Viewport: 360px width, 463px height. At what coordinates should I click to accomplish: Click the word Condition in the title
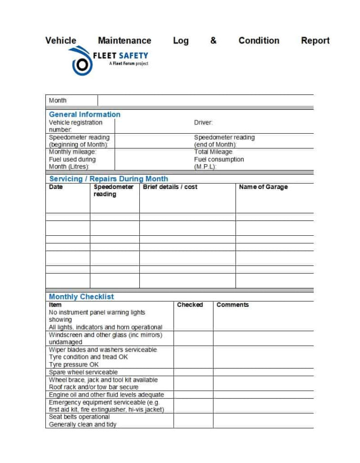coord(259,41)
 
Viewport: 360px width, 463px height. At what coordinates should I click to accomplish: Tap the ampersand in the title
coord(213,41)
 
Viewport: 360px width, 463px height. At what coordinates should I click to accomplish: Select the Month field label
coord(58,100)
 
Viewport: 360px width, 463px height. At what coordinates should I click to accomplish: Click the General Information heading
coord(84,115)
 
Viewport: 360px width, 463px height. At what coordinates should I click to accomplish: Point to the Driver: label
coord(203,123)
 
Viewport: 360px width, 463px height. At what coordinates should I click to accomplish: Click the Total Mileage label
coord(213,152)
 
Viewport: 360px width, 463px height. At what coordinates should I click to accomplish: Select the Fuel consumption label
coord(219,159)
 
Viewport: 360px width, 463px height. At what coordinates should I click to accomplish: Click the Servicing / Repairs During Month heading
coord(108,179)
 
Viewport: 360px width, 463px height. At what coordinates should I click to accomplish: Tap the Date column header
coord(56,187)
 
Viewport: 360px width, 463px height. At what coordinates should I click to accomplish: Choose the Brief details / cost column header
coord(170,187)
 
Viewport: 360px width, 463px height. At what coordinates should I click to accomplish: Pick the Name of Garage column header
coord(263,187)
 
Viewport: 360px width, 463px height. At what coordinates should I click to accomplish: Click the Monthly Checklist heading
coord(81,297)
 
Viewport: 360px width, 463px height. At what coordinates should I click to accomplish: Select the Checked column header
coord(190,305)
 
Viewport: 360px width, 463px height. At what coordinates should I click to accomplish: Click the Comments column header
coord(233,305)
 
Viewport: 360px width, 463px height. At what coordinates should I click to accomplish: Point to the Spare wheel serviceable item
coord(83,372)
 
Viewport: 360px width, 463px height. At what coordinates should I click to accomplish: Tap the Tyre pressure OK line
coord(74,365)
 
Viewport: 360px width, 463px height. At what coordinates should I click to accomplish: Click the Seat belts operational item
coord(79,417)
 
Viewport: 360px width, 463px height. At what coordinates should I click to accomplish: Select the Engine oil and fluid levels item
coord(106,395)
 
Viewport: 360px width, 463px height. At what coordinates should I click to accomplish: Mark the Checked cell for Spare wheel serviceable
coord(193,372)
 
